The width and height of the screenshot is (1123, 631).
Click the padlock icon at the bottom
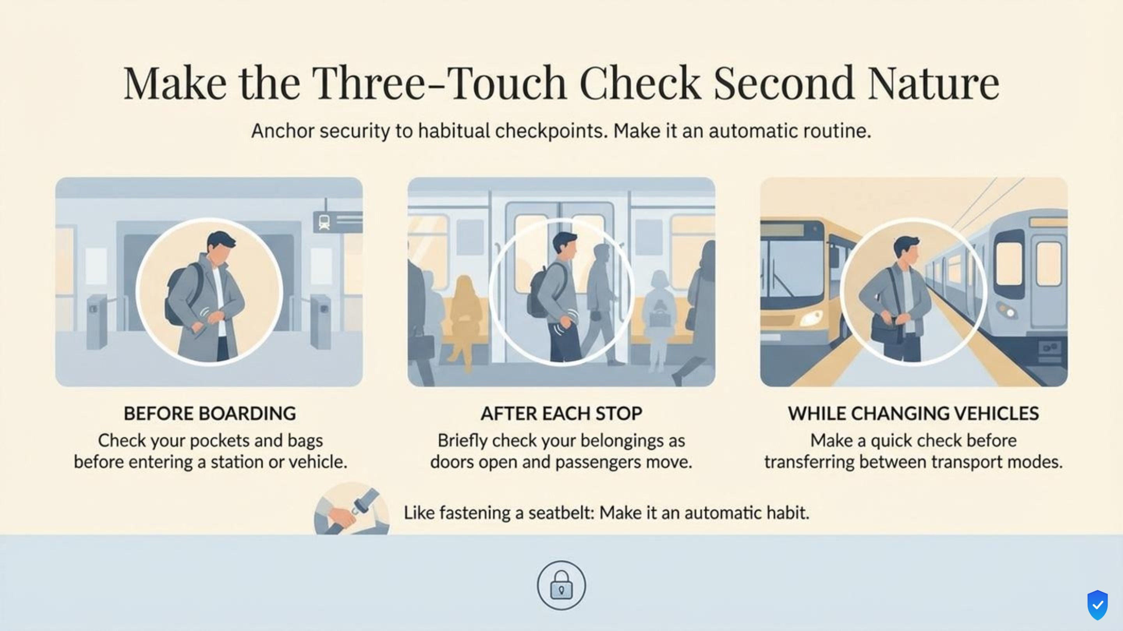[561, 586]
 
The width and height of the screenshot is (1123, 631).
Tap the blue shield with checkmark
[1097, 605]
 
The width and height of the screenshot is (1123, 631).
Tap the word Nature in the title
[933, 83]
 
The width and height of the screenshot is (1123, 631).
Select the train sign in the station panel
[324, 222]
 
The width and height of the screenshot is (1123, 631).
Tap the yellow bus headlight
[811, 317]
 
